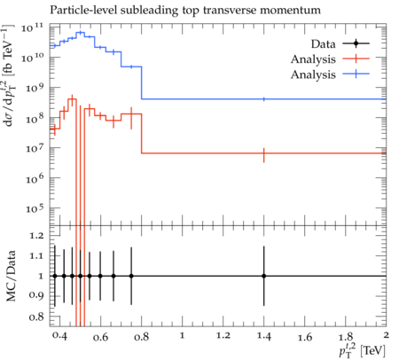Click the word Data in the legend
tap(323, 44)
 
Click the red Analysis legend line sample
tap(356, 59)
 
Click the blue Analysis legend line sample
tap(356, 74)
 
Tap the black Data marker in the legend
tap(356, 43)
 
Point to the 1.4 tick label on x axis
tap(263, 336)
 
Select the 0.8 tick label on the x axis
tap(141, 336)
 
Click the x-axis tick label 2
tap(386, 335)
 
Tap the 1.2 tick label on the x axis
tap(223, 336)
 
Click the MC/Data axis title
tap(11, 276)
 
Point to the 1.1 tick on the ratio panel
tap(36, 255)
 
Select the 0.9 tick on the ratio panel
tap(36, 295)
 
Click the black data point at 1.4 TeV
tap(263, 276)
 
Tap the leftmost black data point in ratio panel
tap(55, 276)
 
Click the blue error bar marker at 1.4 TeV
tap(263, 99)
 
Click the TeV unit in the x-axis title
tap(373, 351)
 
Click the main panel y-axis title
tap(10, 76)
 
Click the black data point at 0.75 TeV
tap(131, 276)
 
